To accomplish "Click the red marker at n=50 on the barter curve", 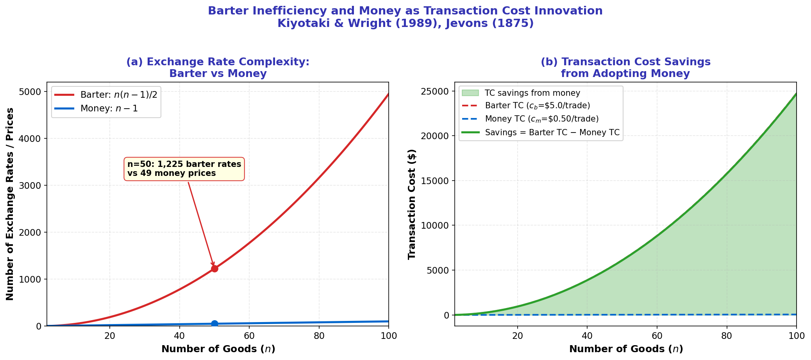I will coord(214,269).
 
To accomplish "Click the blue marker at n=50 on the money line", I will coord(214,324).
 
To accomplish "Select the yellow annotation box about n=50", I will coord(184,169).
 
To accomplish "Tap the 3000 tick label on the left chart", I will coord(30,185).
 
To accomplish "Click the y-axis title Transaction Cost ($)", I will coord(412,204).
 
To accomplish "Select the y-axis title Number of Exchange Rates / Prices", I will coord(10,204).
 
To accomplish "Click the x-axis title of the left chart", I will coord(218,349).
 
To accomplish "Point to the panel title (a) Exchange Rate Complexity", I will coord(218,68).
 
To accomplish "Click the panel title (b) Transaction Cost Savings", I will coord(625,68).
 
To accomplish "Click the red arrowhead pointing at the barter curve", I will coord(213,264).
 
